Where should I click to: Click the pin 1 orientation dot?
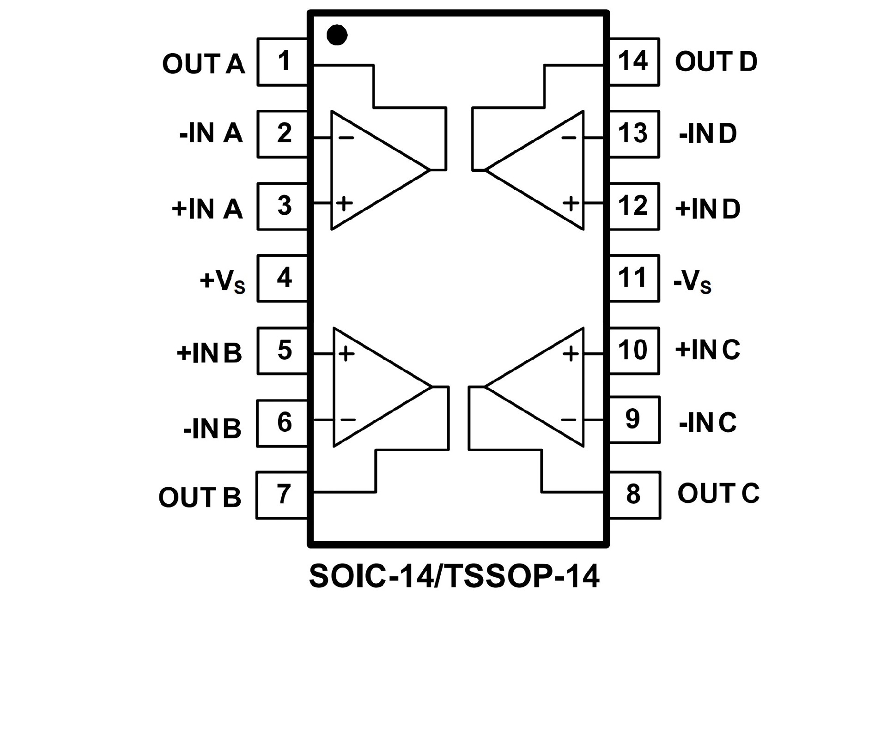[337, 35]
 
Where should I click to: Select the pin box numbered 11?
[633, 278]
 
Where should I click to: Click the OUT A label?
[203, 64]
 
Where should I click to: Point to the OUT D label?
[716, 61]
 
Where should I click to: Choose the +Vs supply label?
[222, 281]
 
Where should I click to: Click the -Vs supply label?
[693, 281]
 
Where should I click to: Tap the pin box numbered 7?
[282, 495]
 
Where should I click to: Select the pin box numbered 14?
[633, 61]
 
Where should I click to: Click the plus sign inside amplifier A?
[344, 203]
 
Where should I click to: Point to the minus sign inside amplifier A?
[346, 138]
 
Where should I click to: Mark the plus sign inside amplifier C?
[571, 354]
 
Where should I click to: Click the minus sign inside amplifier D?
[569, 138]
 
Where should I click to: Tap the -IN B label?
[213, 429]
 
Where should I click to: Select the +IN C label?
[707, 350]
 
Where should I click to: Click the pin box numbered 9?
[633, 419]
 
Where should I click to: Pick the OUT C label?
[718, 493]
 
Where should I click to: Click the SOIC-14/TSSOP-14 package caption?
[454, 576]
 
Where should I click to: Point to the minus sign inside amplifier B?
[348, 419]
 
